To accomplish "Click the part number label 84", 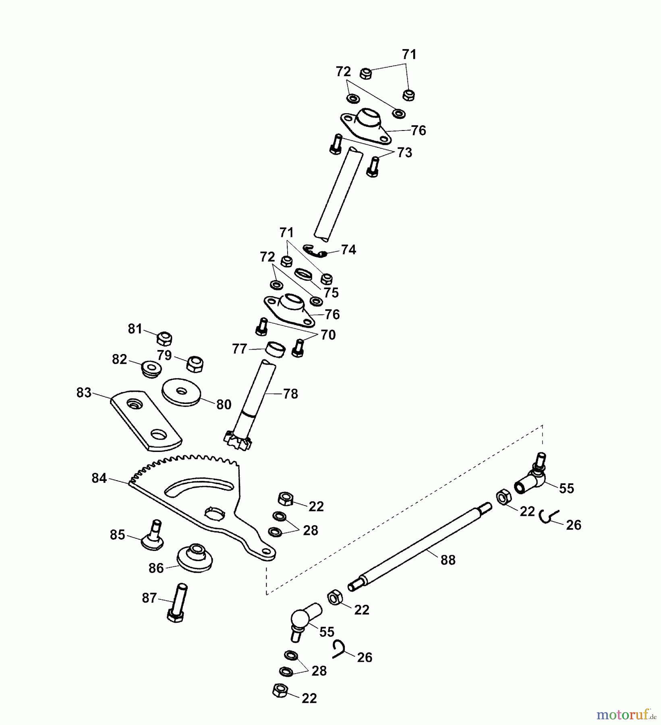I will (x=99, y=478).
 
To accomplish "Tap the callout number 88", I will (x=448, y=560).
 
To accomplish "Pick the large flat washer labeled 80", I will (x=182, y=391).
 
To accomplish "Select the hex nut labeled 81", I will (x=164, y=338).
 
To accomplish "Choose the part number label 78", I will (x=290, y=394).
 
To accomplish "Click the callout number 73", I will (x=404, y=153).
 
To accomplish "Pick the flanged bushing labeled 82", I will (x=151, y=368).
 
